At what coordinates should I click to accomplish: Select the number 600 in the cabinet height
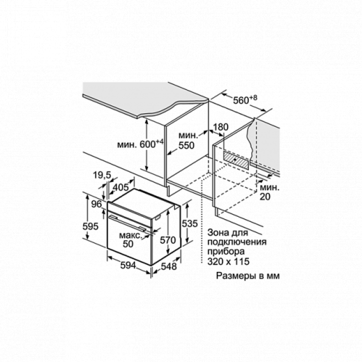(147, 144)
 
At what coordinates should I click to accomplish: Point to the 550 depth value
(187, 146)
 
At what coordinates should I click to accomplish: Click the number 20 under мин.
(265, 197)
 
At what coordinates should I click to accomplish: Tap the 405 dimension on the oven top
(120, 187)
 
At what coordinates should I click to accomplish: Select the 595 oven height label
(90, 227)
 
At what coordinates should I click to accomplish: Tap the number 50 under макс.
(128, 244)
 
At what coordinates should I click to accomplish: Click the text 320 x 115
(228, 262)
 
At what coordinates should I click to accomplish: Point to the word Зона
(217, 234)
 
